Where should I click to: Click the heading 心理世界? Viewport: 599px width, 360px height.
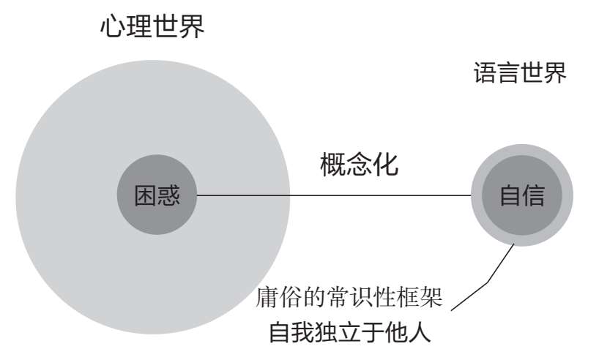coord(151,29)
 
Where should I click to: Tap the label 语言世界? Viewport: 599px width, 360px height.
coord(519,74)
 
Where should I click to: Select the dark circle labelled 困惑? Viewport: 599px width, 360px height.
coord(157,195)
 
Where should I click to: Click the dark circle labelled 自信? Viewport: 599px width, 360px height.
coord(521,195)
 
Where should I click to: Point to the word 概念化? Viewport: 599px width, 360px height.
coord(360,165)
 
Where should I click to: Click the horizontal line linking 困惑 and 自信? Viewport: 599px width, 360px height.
coord(334,195)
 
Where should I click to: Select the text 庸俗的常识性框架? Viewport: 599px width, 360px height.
coord(349,299)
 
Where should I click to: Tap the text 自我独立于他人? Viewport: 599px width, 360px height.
coord(349,333)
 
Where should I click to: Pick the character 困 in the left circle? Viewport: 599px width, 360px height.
coord(145,195)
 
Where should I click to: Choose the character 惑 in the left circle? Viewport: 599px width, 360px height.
coord(168,195)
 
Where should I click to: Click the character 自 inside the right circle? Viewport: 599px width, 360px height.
coord(510,195)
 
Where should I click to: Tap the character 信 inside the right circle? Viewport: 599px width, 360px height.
coord(533,195)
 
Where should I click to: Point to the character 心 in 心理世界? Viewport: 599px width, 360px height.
coord(111,29)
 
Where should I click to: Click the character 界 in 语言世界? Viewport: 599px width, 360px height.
coord(555,74)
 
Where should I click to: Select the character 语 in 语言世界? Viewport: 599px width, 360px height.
coord(484,74)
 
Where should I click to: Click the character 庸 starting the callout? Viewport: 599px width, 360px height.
coord(268,299)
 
